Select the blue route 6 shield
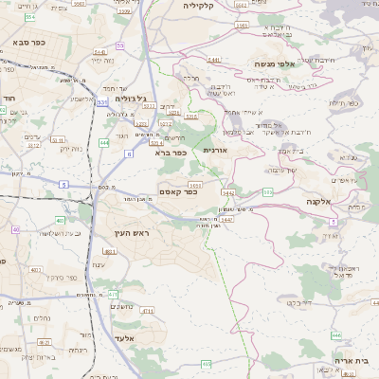pyautogui.click(x=129, y=152)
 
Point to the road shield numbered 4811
pyautogui.click(x=110, y=251)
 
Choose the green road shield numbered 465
pyautogui.click(x=207, y=364)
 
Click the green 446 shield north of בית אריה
pyautogui.click(x=336, y=334)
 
